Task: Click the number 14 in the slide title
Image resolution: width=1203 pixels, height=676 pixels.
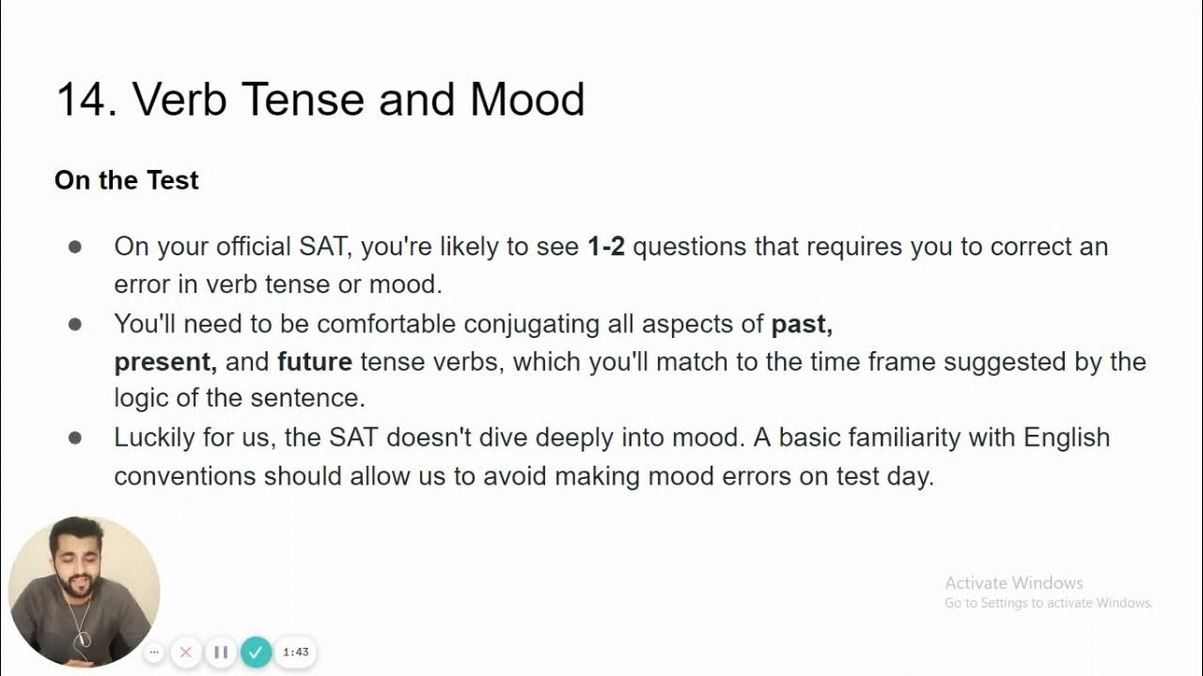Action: click(86, 100)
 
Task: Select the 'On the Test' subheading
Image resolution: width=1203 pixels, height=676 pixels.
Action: click(127, 180)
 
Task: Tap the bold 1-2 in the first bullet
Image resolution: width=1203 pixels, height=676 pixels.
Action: click(606, 247)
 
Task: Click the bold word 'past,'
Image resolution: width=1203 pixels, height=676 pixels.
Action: click(802, 325)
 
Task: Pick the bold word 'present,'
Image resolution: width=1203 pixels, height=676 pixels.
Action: click(165, 362)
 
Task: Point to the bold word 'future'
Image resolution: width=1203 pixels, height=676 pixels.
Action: click(315, 362)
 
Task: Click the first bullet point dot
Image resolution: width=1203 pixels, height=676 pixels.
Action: click(75, 247)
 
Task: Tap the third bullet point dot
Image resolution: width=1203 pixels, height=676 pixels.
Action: click(75, 438)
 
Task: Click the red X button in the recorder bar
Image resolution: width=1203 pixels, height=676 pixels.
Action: click(186, 652)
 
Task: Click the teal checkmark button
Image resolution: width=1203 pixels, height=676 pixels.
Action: click(256, 652)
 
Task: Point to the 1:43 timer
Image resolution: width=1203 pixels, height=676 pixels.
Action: click(296, 652)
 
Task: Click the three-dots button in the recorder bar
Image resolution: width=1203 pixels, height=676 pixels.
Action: click(154, 652)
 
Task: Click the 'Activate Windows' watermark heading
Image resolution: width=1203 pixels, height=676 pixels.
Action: click(1013, 583)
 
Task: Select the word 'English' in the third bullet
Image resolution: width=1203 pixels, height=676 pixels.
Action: click(1067, 438)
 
